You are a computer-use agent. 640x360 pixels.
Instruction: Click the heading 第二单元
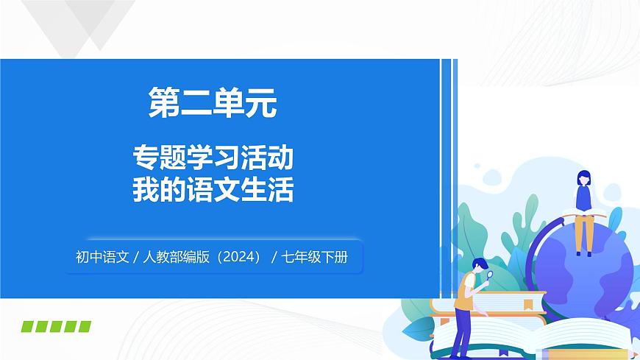click(x=213, y=104)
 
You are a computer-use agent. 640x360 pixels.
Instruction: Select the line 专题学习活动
click(x=213, y=158)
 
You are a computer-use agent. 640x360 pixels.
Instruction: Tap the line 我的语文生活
click(x=213, y=190)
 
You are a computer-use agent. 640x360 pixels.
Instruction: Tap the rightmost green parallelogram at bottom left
click(x=84, y=326)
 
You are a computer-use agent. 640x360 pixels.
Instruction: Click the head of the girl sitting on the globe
click(x=583, y=177)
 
